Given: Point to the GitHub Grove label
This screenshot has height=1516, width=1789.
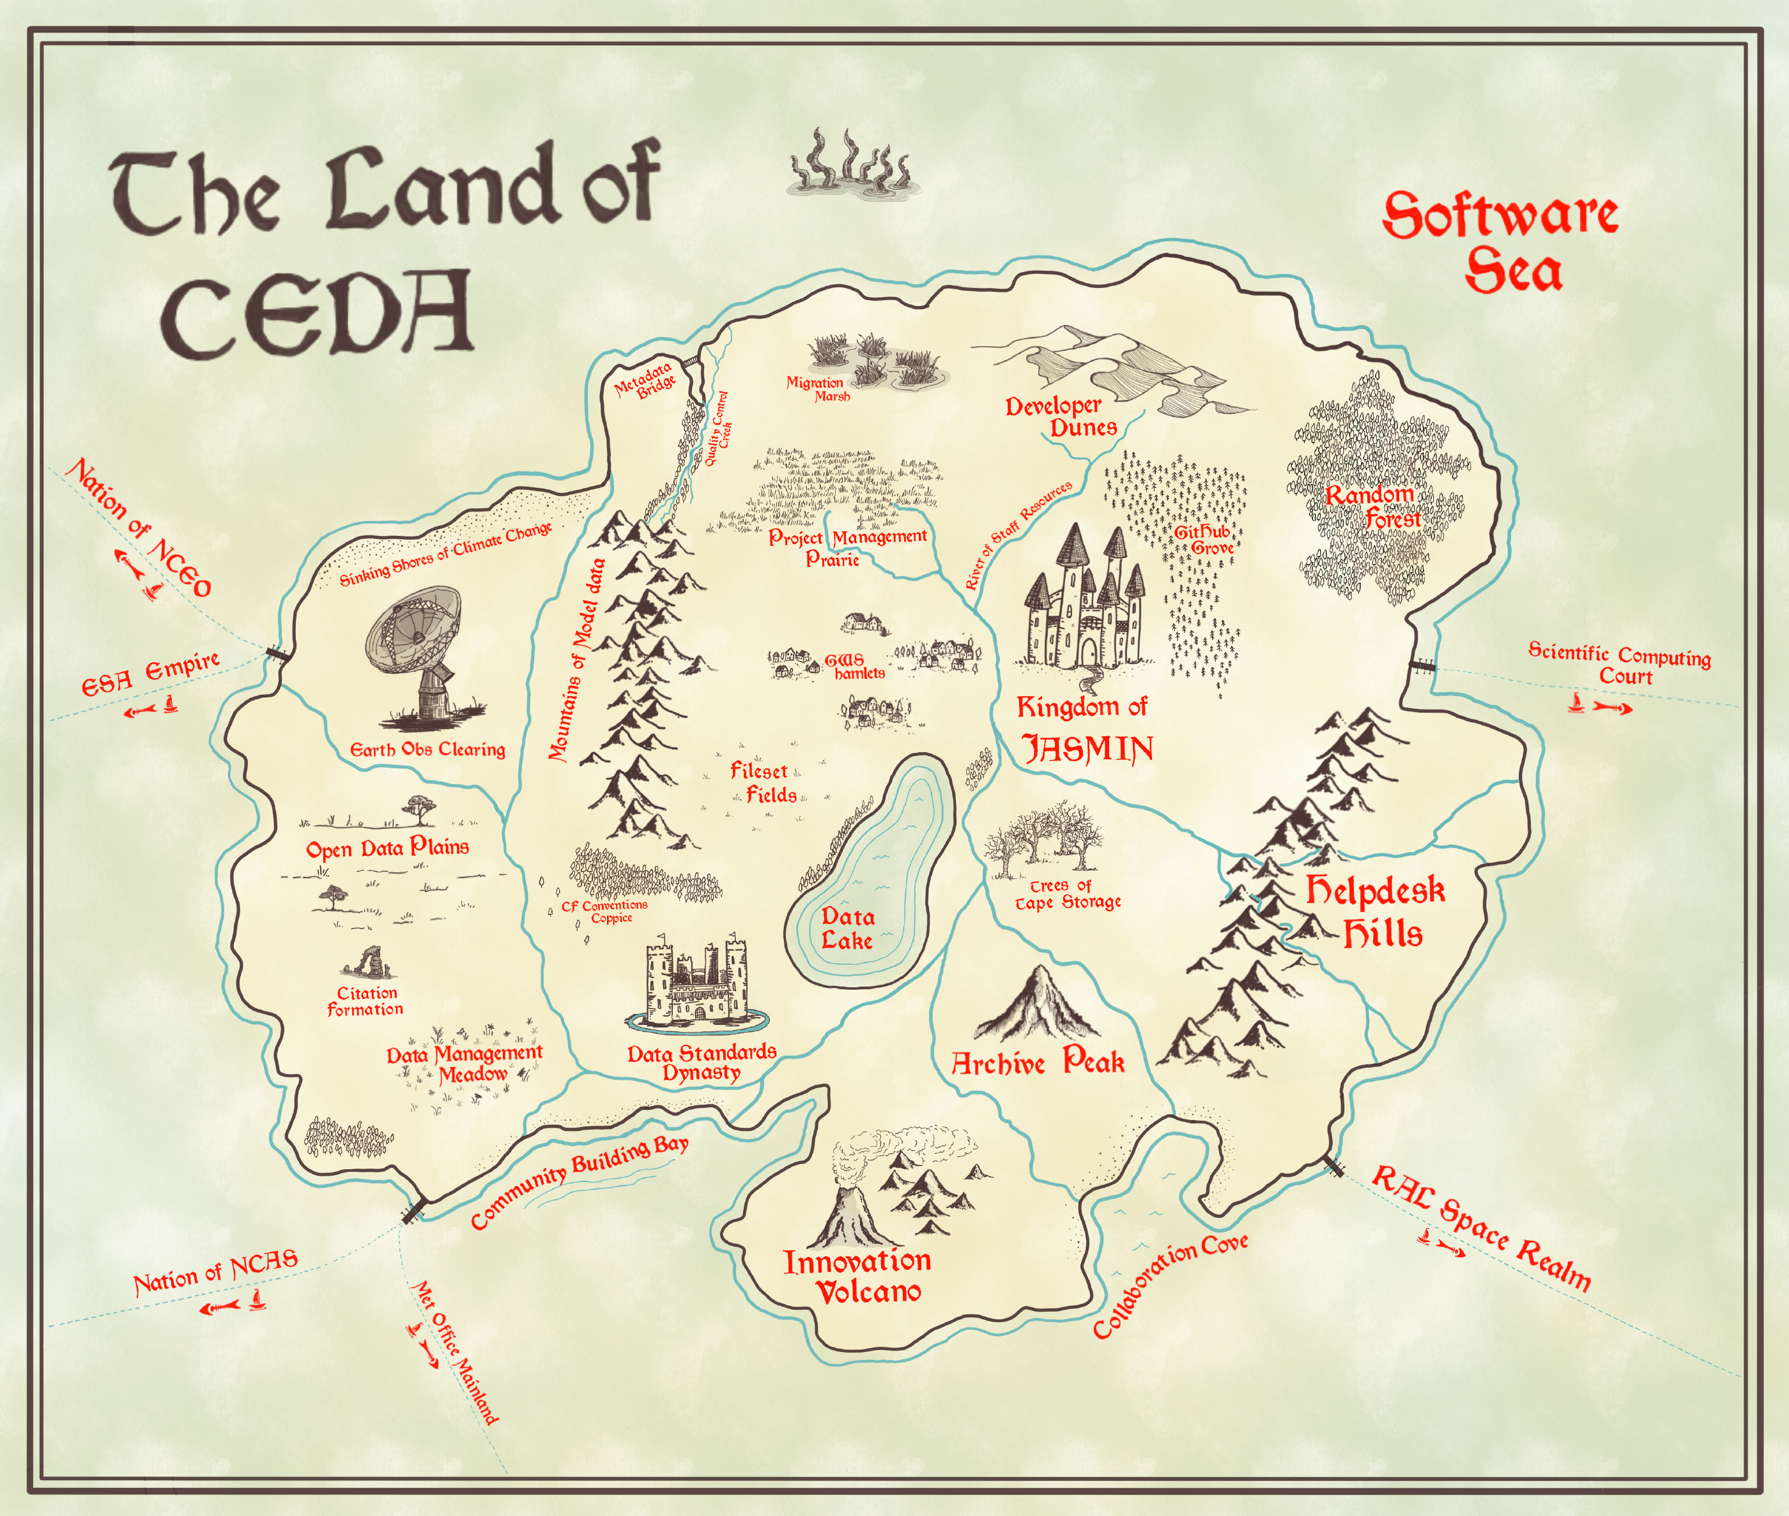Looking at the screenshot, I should [x=1204, y=540].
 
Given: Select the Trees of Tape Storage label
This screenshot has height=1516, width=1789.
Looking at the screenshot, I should [x=1064, y=895].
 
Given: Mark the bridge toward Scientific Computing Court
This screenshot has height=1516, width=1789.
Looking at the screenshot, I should [x=1423, y=665].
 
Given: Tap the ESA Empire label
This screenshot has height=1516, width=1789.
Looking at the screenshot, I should [x=150, y=674].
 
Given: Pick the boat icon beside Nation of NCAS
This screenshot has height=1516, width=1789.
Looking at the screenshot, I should [x=257, y=1300].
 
